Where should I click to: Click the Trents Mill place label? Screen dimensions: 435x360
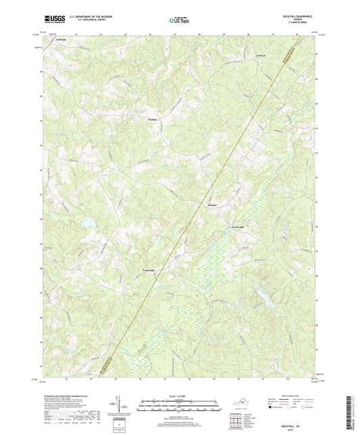click(241, 227)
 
